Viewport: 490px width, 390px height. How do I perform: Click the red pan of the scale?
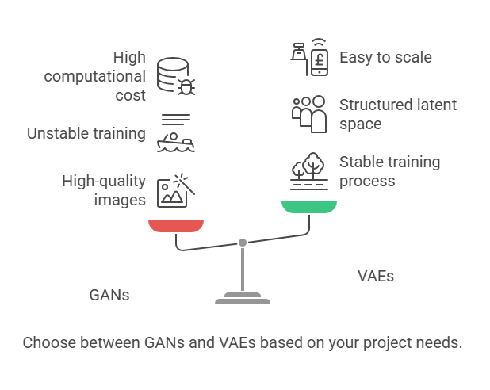pyautogui.click(x=176, y=226)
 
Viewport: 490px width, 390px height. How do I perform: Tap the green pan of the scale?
pyautogui.click(x=309, y=207)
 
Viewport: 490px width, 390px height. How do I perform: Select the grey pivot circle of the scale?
pyautogui.click(x=243, y=243)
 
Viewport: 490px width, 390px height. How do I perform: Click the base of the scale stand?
pyautogui.click(x=243, y=298)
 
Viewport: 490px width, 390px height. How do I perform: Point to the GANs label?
pyautogui.click(x=109, y=295)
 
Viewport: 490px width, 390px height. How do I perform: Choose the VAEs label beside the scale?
pyautogui.click(x=376, y=276)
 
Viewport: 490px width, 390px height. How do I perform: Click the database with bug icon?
pyautogui.click(x=176, y=76)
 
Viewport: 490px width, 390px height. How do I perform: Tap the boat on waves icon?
pyautogui.click(x=176, y=133)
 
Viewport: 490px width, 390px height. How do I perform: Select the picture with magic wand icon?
pyautogui.click(x=176, y=190)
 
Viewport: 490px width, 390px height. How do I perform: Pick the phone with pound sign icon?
pyautogui.click(x=309, y=57)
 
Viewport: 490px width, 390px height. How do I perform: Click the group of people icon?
pyautogui.click(x=309, y=114)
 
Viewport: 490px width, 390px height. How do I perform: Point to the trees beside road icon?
pyautogui.click(x=309, y=171)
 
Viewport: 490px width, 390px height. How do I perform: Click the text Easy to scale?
pyautogui.click(x=385, y=58)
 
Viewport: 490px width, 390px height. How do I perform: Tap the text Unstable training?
pyautogui.click(x=86, y=133)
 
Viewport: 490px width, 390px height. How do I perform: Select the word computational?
pyautogui.click(x=94, y=77)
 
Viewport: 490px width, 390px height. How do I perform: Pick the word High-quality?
pyautogui.click(x=104, y=182)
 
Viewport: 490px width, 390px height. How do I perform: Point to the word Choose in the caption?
pyautogui.click(x=49, y=342)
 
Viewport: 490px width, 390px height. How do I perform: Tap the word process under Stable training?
pyautogui.click(x=367, y=182)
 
